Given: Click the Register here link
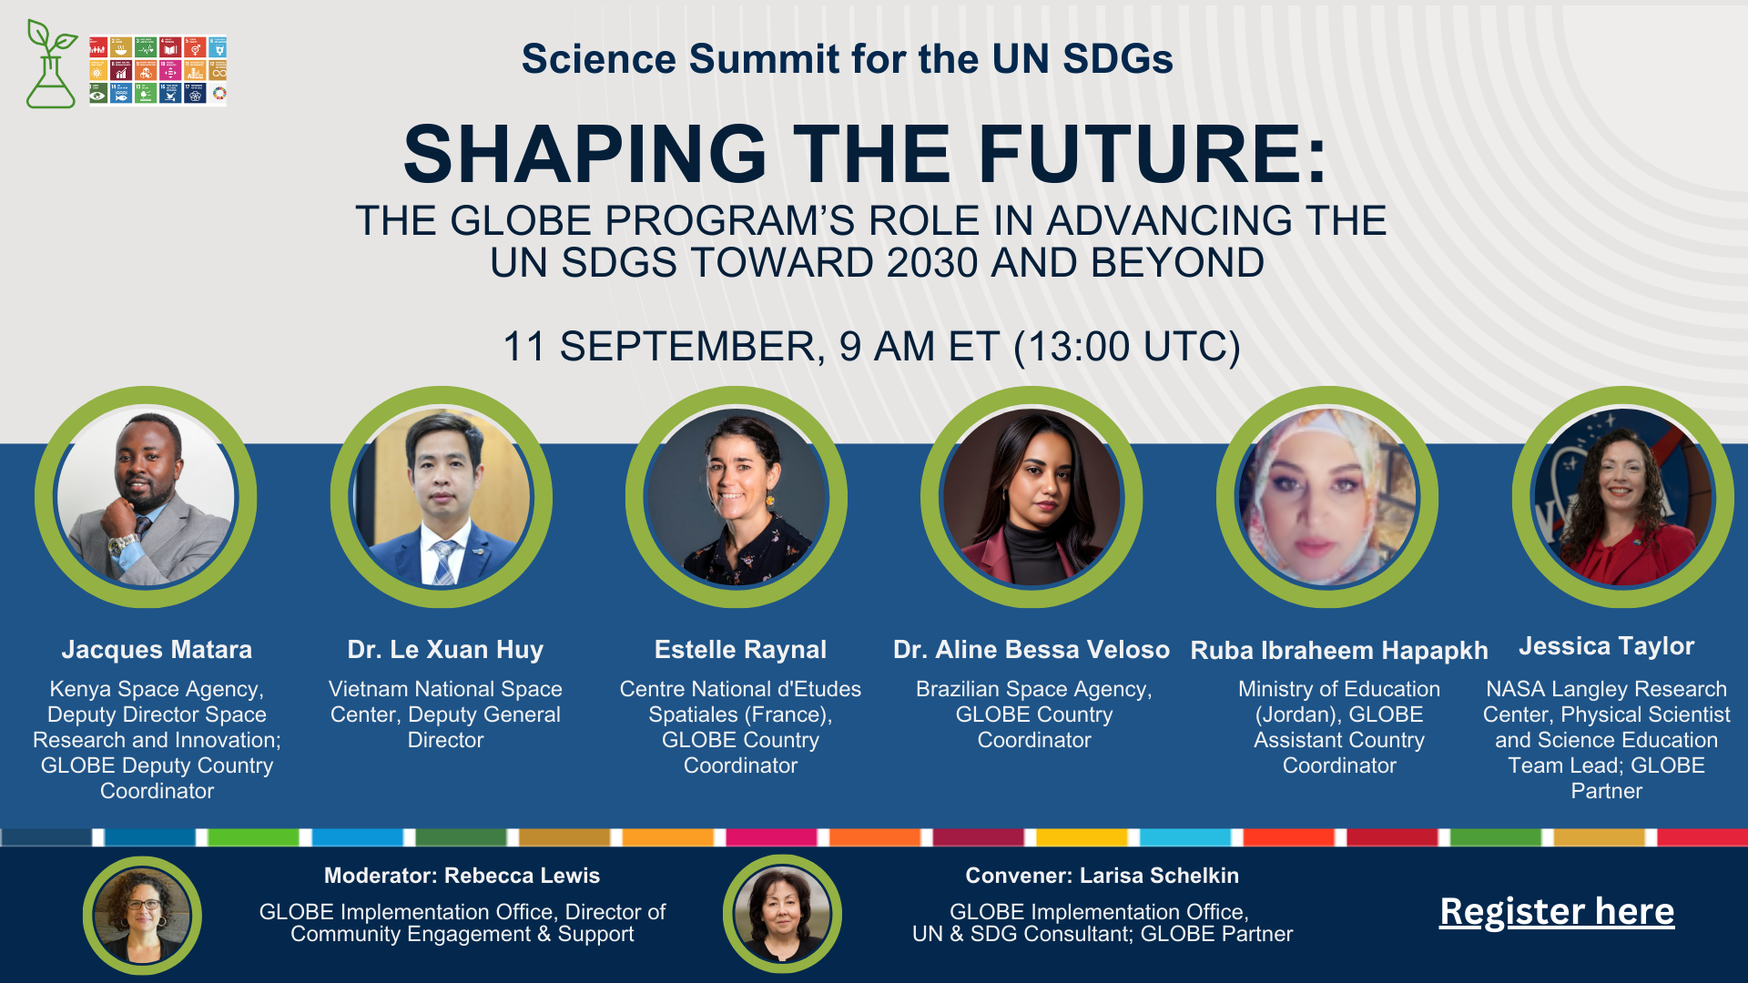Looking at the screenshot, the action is [1557, 911].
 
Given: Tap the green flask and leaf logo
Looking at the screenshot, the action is [51, 64].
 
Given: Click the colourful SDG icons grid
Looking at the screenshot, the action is [158, 70].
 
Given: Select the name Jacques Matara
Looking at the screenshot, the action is [157, 649].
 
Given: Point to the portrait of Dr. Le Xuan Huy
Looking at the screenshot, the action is [442, 497].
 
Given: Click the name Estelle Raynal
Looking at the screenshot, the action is [740, 649].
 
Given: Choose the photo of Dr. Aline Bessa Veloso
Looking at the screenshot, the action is [1032, 497].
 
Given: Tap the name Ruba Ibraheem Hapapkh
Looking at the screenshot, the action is [1339, 650].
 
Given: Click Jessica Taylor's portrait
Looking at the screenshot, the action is [1623, 497].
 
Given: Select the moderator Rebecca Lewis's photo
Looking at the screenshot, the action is [142, 915].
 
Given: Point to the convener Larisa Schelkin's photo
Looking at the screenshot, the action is [782, 913].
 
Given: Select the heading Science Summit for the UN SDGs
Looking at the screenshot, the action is [847, 59].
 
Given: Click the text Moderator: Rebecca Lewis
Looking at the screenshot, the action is [462, 876].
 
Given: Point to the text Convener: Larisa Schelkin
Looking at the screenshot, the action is [1102, 876].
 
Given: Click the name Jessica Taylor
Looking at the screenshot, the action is [1606, 646].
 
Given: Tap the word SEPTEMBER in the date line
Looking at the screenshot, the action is [691, 347].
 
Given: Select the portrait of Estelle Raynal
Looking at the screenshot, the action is [737, 497].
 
